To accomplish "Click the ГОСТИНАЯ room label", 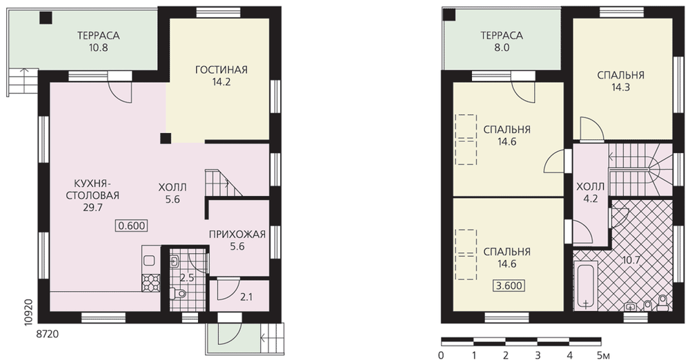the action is (221, 70).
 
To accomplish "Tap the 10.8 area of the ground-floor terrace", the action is (99, 48).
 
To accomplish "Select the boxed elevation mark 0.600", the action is (132, 226).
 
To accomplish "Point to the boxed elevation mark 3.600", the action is (509, 286).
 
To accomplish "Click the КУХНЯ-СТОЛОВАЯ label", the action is (92, 189).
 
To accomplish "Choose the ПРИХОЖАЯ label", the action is (237, 234).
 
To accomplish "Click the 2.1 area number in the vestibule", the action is (246, 297).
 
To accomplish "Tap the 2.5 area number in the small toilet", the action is (186, 278).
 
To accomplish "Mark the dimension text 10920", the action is (28, 312).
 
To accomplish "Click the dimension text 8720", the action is (47, 335).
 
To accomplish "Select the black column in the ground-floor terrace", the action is (46, 18).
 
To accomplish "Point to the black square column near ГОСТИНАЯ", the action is (166, 138).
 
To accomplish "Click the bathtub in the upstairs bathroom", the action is (586, 286).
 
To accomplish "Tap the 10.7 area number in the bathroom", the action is (631, 260).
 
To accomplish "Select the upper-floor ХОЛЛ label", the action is (591, 187).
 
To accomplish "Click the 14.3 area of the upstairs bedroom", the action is (621, 87).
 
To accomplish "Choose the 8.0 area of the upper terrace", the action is (502, 48).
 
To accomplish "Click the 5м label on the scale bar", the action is (603, 354).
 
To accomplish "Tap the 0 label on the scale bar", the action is (441, 354).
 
